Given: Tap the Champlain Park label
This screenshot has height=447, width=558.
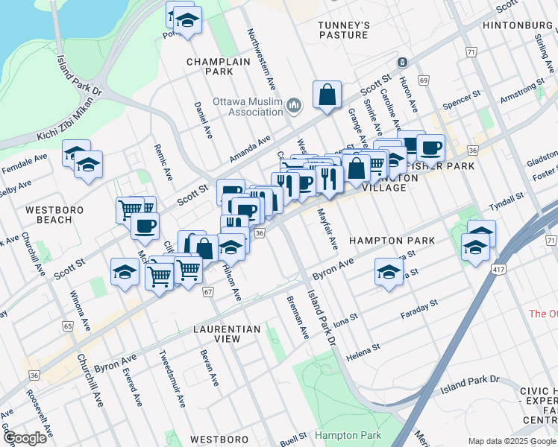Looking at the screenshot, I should click(x=210, y=67).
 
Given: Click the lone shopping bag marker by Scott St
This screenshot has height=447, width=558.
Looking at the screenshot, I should click(x=327, y=95).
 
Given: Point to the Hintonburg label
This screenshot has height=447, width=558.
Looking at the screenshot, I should click(x=518, y=25).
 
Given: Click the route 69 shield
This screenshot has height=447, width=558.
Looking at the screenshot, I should click(x=424, y=80).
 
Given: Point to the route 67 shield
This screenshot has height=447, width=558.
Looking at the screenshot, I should click(x=208, y=291).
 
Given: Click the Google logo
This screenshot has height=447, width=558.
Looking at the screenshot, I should click(x=25, y=438).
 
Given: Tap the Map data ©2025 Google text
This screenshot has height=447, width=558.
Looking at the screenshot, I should click(x=510, y=441).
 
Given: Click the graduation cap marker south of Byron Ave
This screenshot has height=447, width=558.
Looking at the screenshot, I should click(x=389, y=273).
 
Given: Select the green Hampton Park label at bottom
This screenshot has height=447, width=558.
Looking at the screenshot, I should click(x=348, y=435).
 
